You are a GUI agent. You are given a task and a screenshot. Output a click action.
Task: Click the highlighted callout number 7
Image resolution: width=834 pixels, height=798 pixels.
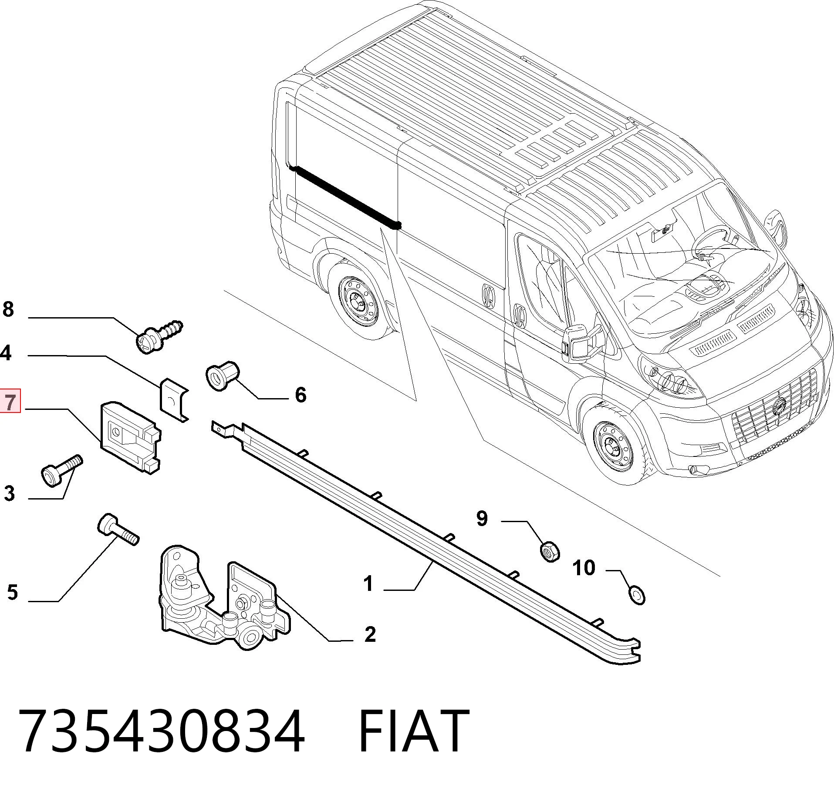pyautogui.click(x=10, y=402)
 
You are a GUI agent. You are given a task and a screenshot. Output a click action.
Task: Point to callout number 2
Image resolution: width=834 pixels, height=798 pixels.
pyautogui.click(x=370, y=634)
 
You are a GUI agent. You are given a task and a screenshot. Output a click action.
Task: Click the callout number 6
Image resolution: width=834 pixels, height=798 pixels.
pyautogui.click(x=301, y=395)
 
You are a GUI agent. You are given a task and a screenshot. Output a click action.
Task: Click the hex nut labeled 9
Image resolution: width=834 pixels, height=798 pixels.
pyautogui.click(x=550, y=551)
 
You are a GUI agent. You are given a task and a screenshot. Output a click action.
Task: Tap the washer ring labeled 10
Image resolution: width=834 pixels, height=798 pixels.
pyautogui.click(x=637, y=595)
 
